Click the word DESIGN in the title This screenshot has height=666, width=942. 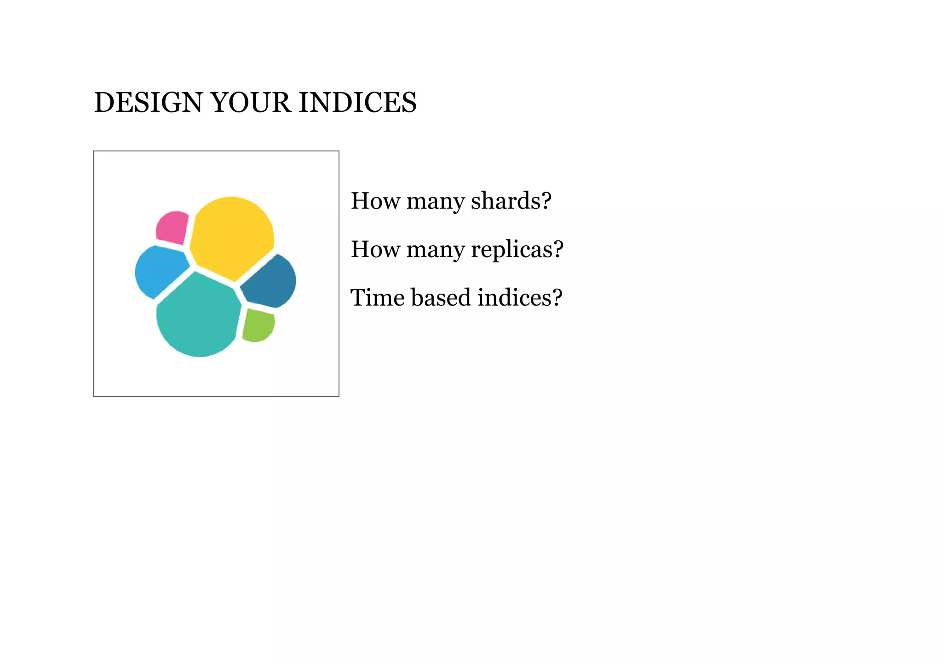[148, 102]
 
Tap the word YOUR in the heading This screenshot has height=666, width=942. [251, 102]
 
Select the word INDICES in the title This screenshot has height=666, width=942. [358, 102]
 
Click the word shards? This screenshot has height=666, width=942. [511, 201]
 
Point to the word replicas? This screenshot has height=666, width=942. [517, 249]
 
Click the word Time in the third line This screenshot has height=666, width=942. [377, 297]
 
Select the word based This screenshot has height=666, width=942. [441, 297]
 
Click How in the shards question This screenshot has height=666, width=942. [375, 201]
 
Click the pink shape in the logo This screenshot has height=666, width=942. [172, 227]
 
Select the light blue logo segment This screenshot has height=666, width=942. [159, 271]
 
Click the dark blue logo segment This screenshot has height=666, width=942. [270, 282]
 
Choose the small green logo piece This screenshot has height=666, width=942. [258, 325]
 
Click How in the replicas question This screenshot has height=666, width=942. [375, 249]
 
